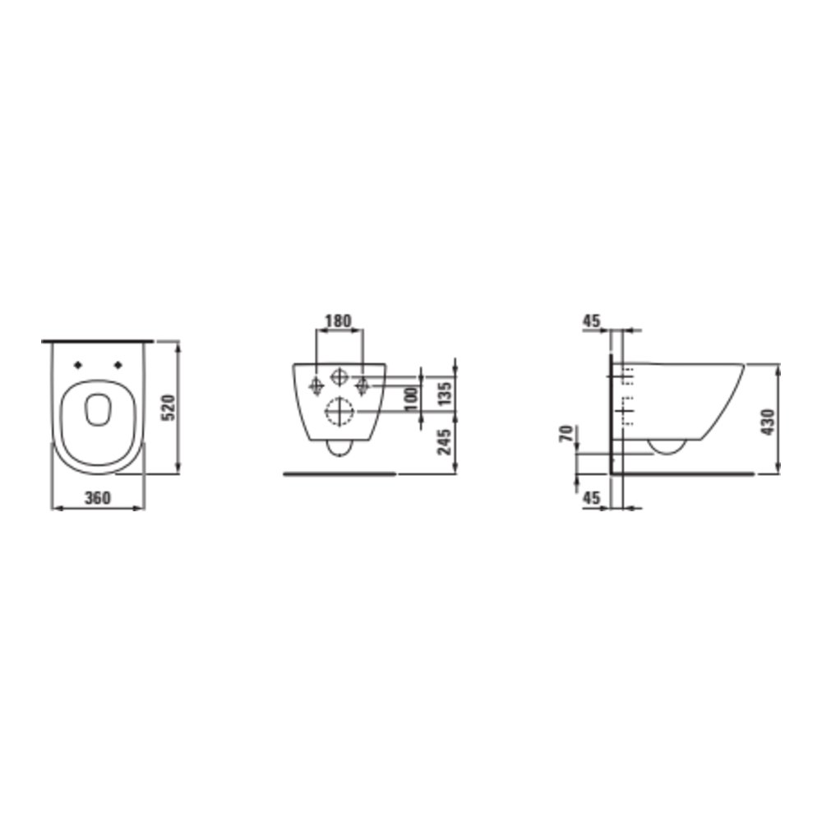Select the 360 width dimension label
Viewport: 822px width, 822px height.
point(98,497)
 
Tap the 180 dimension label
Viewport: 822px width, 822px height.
point(338,321)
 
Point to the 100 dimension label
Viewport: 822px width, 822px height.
point(412,398)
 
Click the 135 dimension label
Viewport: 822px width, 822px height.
point(444,393)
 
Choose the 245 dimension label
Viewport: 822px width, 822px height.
point(444,441)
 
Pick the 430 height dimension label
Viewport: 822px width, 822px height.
point(768,423)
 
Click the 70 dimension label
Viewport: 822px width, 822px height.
point(566,434)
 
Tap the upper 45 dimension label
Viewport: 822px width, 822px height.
point(591,321)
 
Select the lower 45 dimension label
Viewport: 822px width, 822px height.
point(591,497)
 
